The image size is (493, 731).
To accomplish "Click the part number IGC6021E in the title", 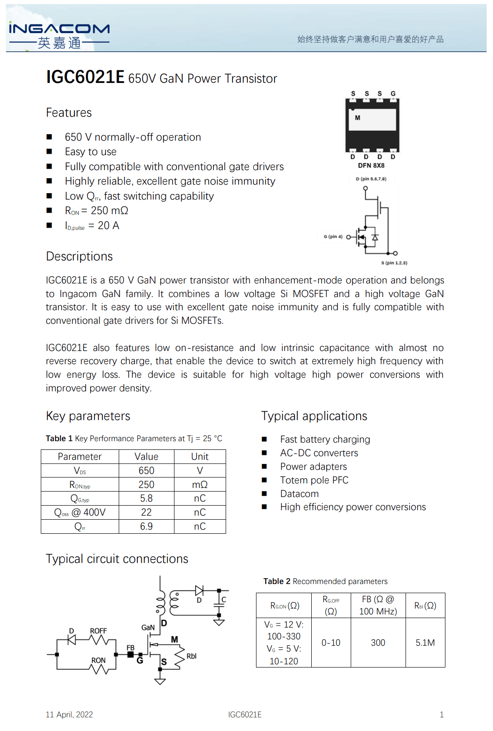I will pos(85,77).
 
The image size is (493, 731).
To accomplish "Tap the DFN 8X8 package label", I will pos(371,166).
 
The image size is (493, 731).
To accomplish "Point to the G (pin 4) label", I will pos(333,237).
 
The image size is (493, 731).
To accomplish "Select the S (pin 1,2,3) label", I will pos(394,263).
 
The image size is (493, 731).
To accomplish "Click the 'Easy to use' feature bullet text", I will pos(91,152).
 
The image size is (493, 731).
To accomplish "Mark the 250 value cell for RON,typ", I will pos(146,485).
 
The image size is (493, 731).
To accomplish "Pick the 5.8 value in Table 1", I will pos(146,498).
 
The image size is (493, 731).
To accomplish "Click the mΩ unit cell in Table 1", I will pos(200,485).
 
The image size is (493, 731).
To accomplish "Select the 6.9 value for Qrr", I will pos(146,526).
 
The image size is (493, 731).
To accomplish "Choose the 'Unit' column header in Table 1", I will pos(200,457).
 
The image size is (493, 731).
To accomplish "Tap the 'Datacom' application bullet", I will pos(299,494).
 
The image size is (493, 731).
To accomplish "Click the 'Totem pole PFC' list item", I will pos(314,480).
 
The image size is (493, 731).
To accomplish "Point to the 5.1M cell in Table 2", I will pos(425,643).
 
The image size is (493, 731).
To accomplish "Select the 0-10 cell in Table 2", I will pos(331,643).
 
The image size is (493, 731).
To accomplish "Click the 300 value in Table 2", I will pos(378,643).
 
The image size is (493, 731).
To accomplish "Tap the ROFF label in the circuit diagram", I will pos(98,631).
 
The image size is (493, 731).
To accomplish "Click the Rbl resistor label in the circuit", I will pos(192,656).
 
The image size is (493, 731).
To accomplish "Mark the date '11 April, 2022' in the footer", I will pos(69,715).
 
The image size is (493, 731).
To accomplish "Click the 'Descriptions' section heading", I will pos(79,257).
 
